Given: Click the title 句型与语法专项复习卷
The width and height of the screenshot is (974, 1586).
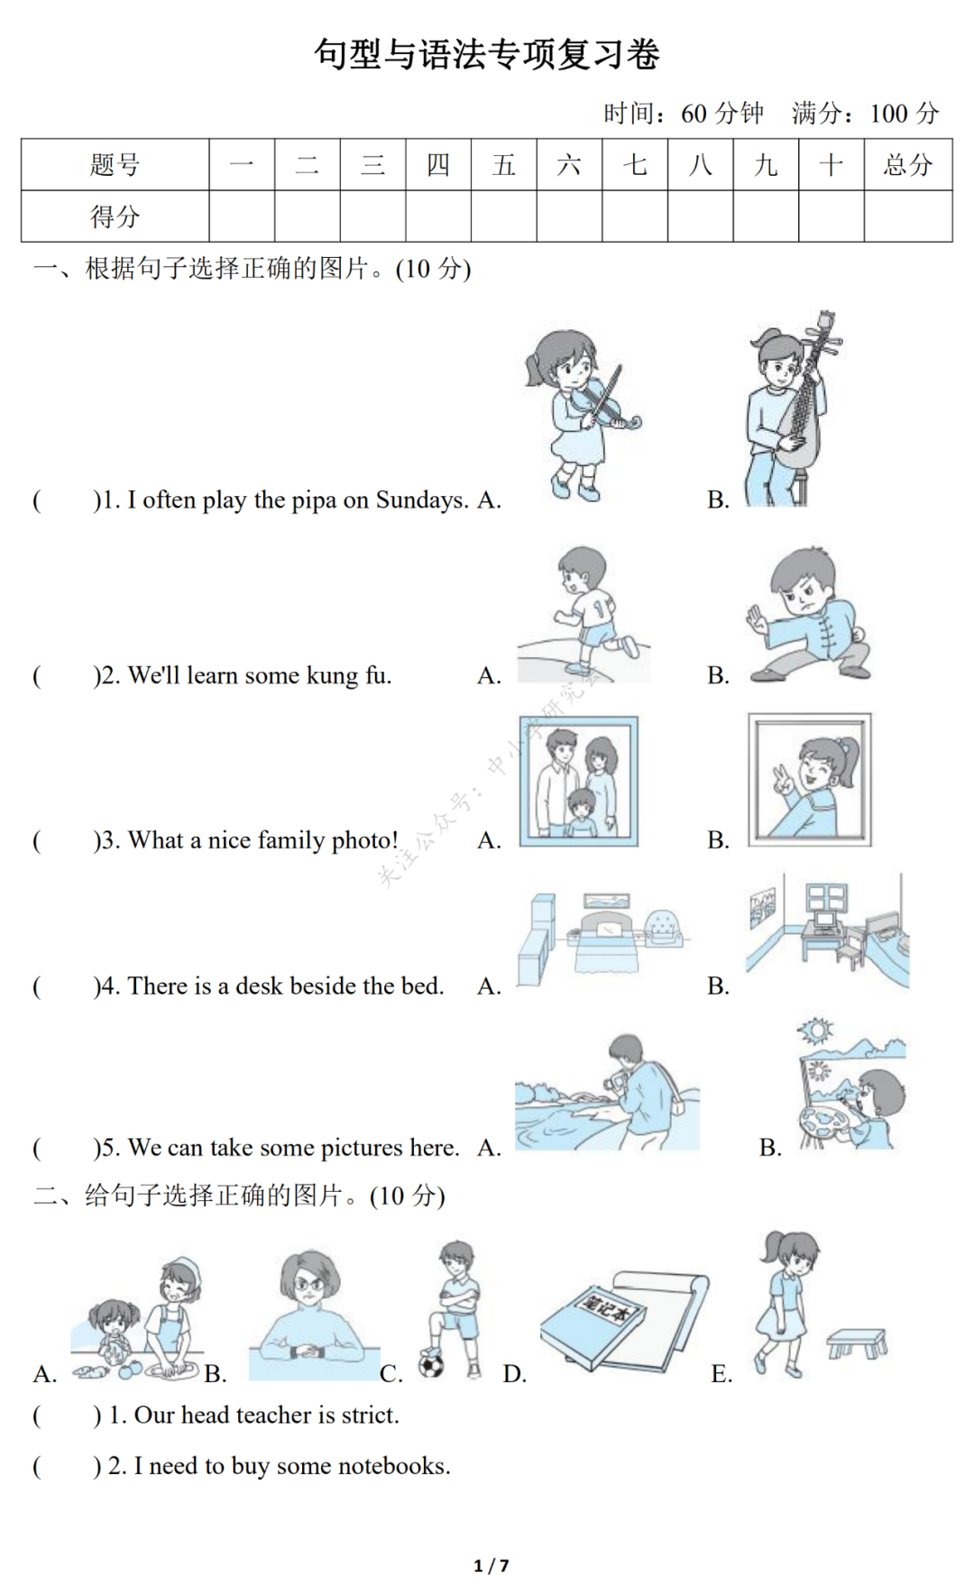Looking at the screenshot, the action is pos(487,54).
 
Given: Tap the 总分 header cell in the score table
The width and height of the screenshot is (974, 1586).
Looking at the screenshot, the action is pos(908,165).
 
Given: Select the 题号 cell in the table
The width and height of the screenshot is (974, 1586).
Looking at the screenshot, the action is pos(115,165).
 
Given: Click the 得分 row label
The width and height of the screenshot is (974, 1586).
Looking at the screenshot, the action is pos(115,216).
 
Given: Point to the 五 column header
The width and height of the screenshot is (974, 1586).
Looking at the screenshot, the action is pos(504,165).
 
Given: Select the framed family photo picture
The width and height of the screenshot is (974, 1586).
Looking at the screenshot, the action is pos(579,781).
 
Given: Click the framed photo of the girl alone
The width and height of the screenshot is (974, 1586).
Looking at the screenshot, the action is pos(810,780).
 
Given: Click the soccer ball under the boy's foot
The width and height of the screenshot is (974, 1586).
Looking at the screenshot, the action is pos(432,1365).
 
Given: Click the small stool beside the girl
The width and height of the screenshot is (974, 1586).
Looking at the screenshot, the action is pos(858,1343).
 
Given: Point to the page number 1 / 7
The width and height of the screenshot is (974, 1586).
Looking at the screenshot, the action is pos(492,1565).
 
